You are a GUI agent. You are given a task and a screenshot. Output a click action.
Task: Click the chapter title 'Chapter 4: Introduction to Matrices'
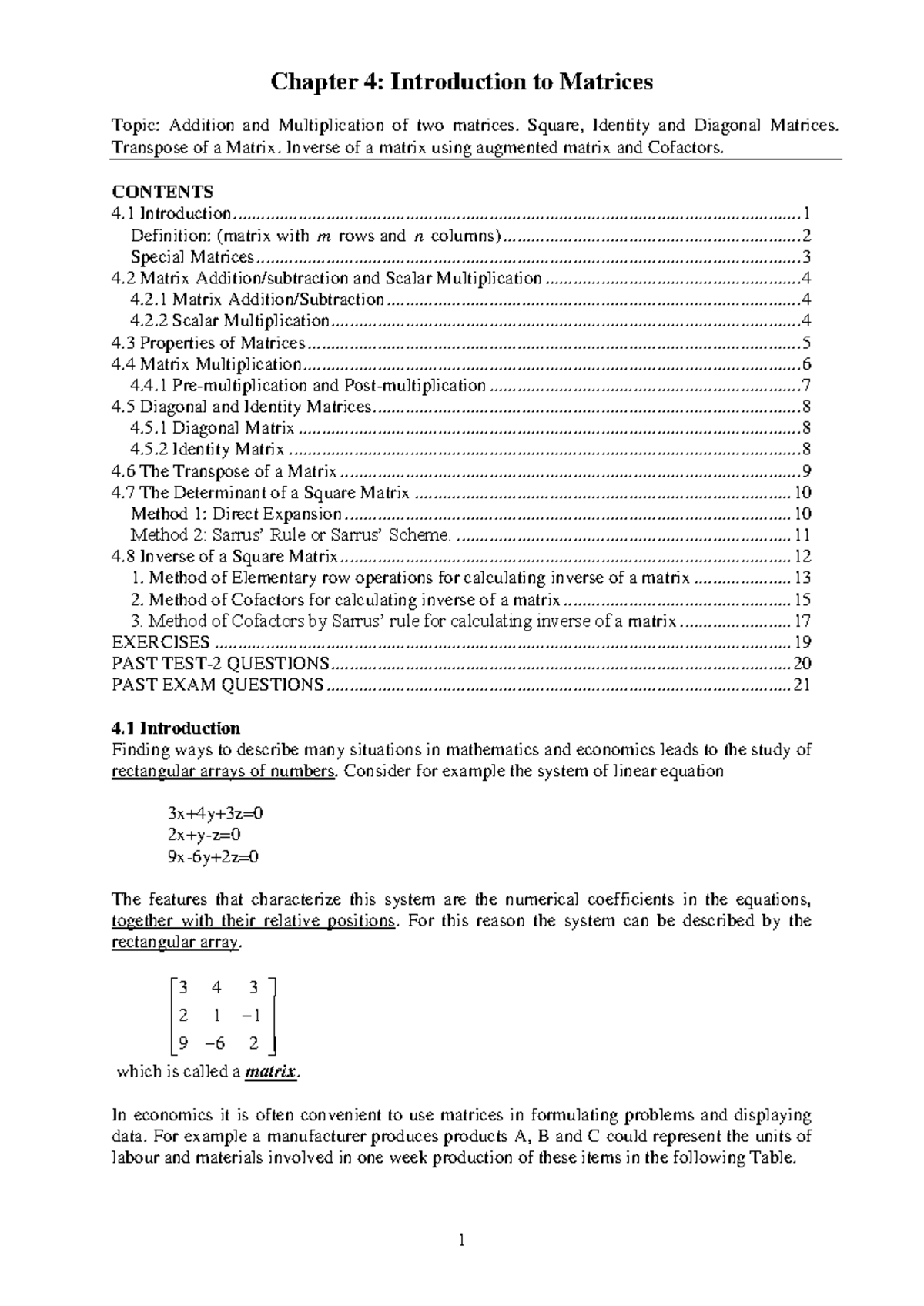[x=460, y=82]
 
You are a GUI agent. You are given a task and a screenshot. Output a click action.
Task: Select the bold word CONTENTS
[x=162, y=192]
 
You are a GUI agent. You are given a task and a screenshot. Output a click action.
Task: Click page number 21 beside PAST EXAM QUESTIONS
[x=802, y=685]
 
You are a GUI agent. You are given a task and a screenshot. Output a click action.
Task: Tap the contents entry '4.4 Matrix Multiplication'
[x=206, y=364]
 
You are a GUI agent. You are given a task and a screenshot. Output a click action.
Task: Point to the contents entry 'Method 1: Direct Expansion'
[x=236, y=514]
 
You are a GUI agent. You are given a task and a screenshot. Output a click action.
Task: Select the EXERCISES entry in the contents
[x=161, y=642]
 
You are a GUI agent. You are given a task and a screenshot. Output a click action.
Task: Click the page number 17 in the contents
[x=802, y=621]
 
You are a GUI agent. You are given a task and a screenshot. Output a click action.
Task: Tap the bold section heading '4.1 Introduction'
[x=176, y=728]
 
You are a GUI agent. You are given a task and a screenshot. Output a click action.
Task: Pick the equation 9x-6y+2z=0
[x=213, y=856]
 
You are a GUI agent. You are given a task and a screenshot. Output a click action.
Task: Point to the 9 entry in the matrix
[x=182, y=1044]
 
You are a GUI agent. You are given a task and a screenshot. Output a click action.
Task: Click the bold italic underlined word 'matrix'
[x=269, y=1072]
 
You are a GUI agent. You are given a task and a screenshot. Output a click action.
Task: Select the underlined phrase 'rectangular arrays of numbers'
[x=223, y=772]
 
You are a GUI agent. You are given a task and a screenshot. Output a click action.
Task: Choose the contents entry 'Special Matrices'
[x=192, y=257]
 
